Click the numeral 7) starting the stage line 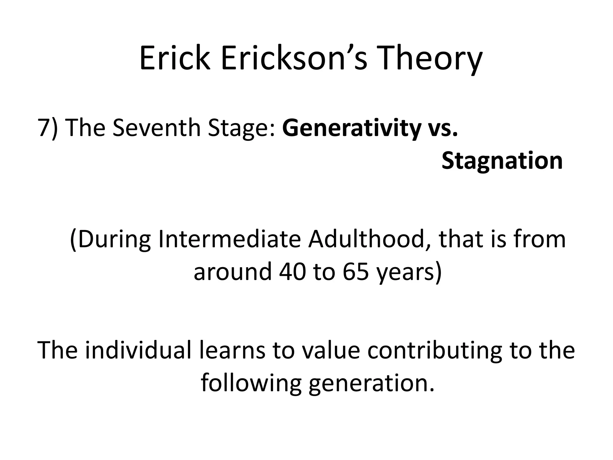(47, 128)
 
